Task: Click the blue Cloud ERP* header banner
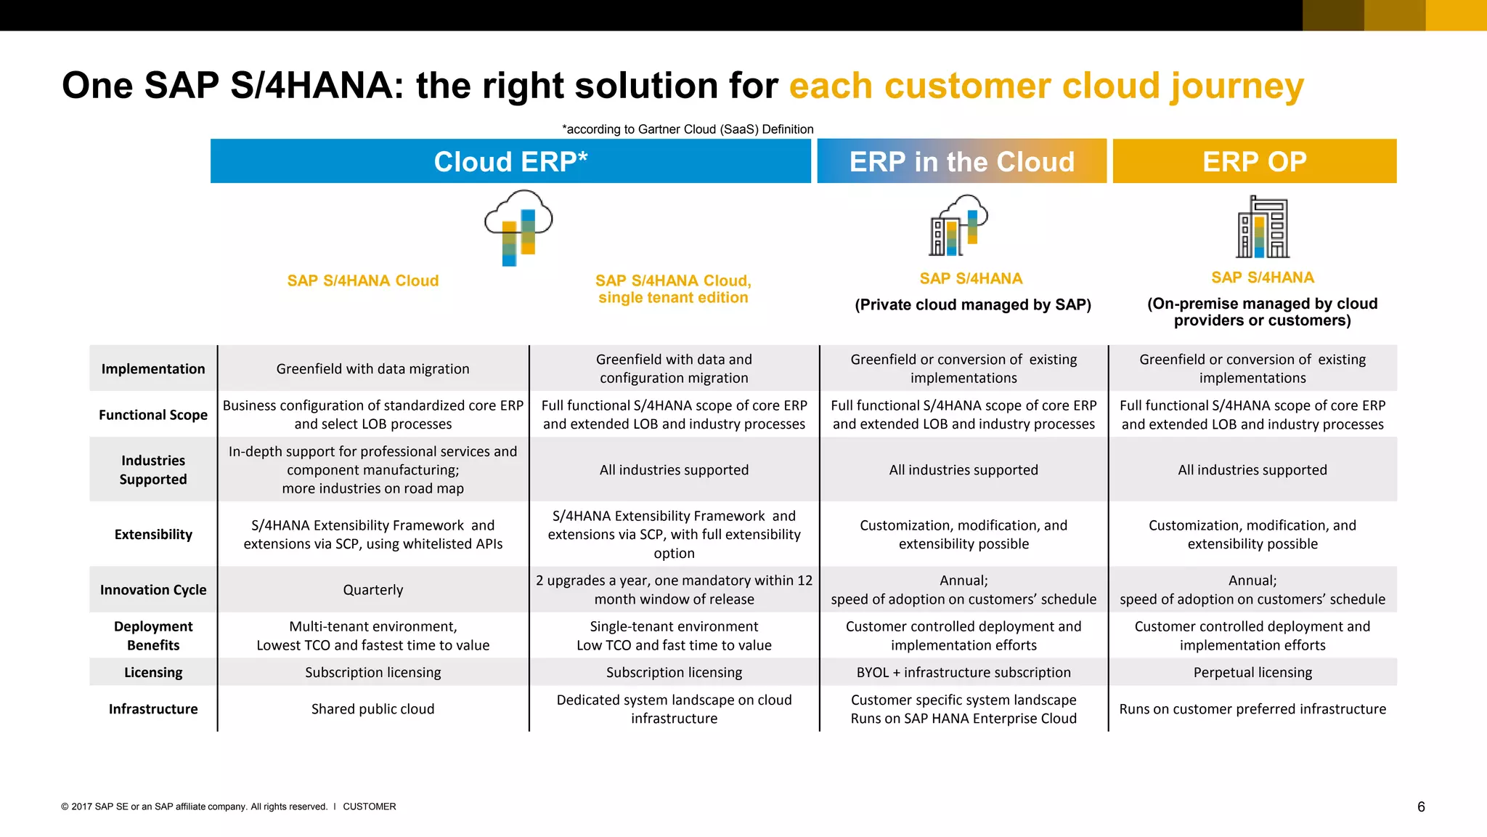510,161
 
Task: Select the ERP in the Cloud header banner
961,161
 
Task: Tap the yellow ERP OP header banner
1254,161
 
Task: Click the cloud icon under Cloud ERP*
518,227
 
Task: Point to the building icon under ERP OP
1263,227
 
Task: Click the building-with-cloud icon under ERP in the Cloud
958,225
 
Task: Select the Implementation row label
153,369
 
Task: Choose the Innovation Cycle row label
153,590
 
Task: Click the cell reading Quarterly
372,590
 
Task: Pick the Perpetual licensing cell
1252,673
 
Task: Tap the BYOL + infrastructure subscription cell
964,673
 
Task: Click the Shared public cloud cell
372,709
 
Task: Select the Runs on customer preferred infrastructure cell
1252,709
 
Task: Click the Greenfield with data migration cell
372,369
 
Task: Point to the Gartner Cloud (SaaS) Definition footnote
688,129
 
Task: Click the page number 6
1421,807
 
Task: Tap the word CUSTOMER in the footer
370,806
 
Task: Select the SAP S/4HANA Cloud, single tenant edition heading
673,289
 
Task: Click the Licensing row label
153,673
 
